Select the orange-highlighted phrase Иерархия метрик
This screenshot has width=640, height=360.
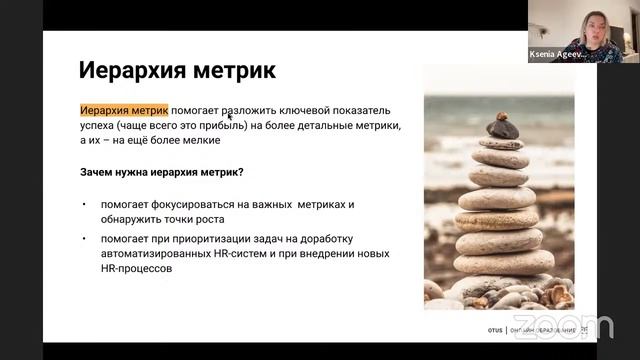coord(124,109)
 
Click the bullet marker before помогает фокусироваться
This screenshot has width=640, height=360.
coord(85,204)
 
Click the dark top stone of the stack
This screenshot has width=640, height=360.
coord(502,127)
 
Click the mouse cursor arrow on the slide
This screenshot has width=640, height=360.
coord(230,117)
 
